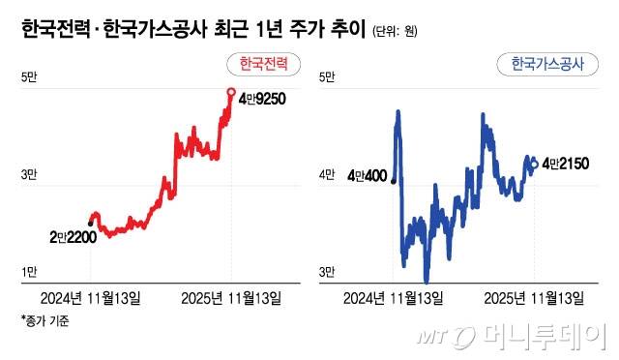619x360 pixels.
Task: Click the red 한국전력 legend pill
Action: coord(263,64)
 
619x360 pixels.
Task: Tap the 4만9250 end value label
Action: coord(262,98)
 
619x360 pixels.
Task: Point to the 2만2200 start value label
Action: coord(73,236)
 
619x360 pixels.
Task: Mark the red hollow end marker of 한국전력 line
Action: coord(231,93)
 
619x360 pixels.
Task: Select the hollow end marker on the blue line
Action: coord(535,165)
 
